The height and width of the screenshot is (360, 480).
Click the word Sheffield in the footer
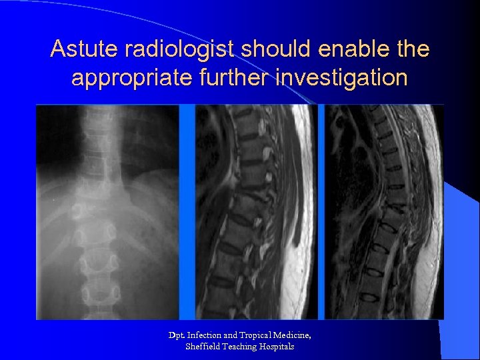tap(200, 347)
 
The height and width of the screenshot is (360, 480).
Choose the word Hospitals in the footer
tap(275, 347)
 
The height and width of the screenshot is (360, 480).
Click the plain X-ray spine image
tap(107, 212)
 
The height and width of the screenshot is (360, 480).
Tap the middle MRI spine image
tap(257, 212)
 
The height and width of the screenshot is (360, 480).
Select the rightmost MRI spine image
tap(384, 212)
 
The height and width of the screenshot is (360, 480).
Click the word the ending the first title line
tap(413, 49)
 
